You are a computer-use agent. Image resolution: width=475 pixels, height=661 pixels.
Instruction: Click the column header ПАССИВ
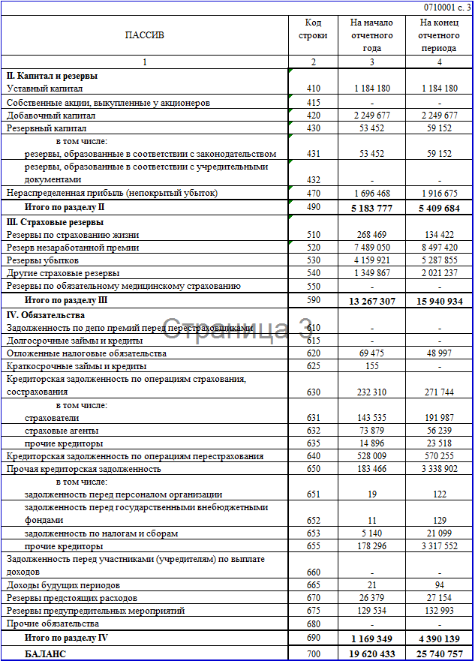click(x=144, y=35)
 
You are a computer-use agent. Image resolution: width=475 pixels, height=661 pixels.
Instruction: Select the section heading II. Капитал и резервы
click(x=52, y=76)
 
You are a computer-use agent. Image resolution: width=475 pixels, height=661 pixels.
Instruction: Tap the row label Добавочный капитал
click(x=51, y=116)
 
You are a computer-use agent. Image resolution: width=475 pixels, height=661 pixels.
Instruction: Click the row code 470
click(x=313, y=194)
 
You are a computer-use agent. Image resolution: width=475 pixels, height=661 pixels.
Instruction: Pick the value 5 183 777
click(x=371, y=207)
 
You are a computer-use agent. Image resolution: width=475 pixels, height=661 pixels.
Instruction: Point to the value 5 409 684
click(x=439, y=207)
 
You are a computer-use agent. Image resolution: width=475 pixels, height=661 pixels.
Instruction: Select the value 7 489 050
click(x=371, y=247)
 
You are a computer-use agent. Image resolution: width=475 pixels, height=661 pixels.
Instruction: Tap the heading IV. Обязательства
click(x=46, y=314)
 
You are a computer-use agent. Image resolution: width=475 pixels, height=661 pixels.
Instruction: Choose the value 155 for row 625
click(x=371, y=366)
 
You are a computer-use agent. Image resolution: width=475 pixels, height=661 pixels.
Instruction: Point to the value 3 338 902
click(x=439, y=469)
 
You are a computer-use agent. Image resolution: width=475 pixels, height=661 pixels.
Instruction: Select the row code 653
click(x=313, y=533)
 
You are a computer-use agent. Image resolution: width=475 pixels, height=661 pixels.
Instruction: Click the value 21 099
click(x=439, y=533)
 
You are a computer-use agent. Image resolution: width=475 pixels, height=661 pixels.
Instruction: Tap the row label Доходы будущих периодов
click(x=63, y=584)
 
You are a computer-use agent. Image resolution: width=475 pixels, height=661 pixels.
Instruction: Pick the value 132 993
click(x=439, y=611)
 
